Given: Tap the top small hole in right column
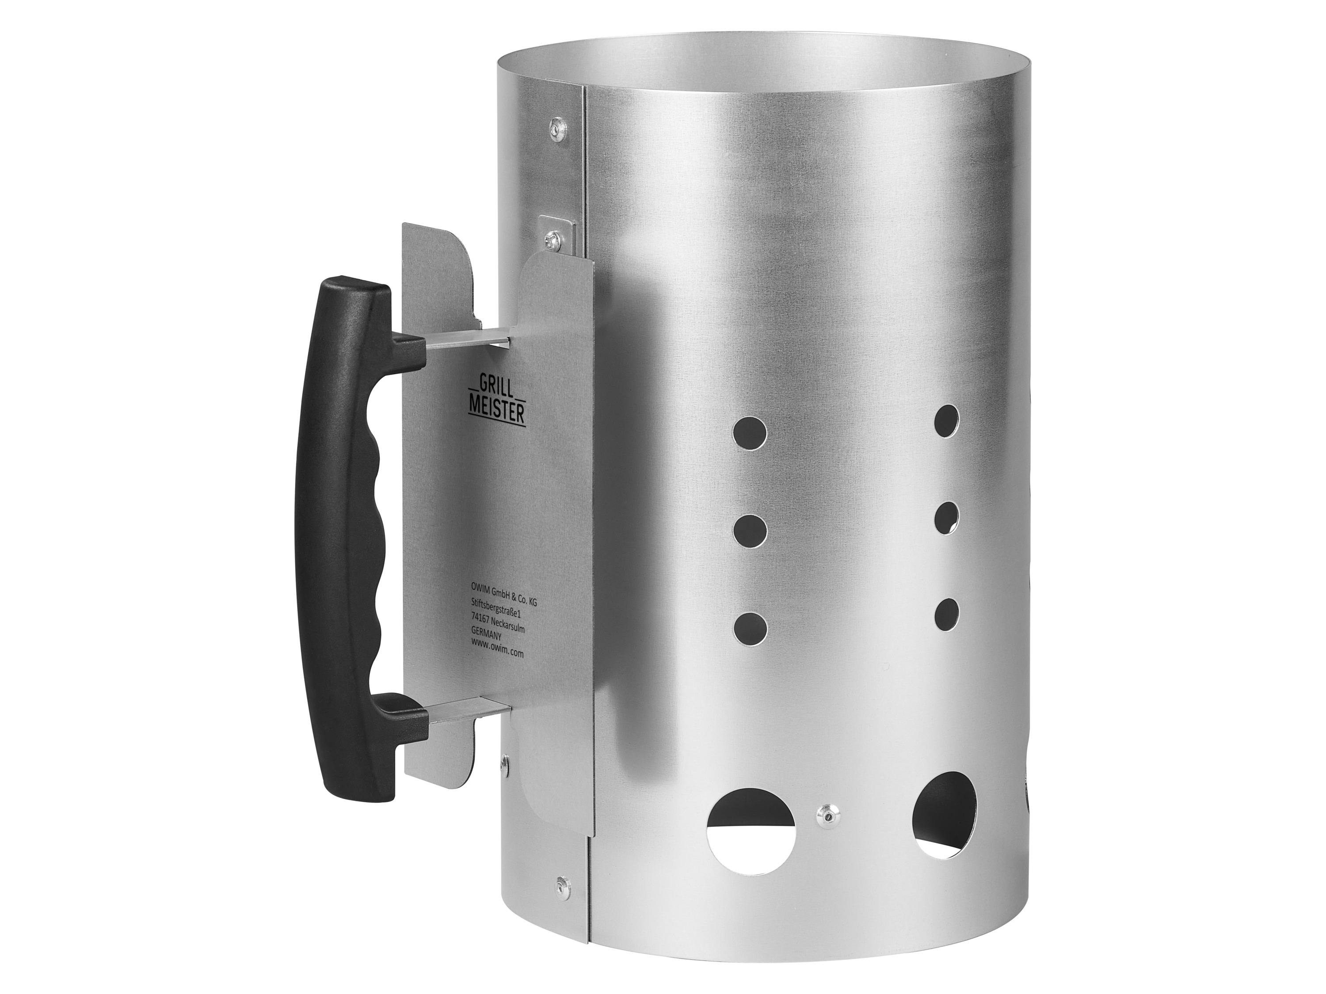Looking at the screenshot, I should pos(947,421).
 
